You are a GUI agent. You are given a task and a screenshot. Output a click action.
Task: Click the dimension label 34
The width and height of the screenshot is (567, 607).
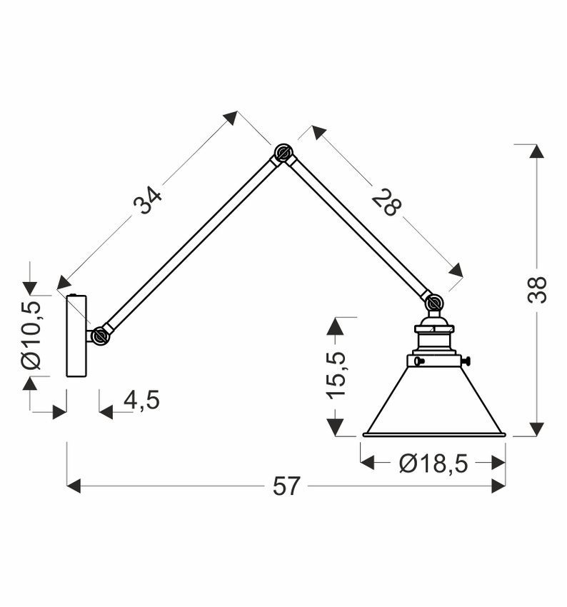point(148,200)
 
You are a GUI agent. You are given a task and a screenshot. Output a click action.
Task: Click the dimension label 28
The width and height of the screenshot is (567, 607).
point(386,201)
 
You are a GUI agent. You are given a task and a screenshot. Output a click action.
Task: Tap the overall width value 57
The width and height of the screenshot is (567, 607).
point(286,486)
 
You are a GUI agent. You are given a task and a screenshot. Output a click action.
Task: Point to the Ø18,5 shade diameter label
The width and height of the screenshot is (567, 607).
point(433,463)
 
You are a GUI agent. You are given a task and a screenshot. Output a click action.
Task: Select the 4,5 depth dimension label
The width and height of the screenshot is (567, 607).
point(141,401)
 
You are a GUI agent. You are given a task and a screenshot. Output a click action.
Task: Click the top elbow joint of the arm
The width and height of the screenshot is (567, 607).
point(283,153)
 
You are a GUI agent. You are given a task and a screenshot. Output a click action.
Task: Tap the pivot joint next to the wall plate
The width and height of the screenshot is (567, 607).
point(100,335)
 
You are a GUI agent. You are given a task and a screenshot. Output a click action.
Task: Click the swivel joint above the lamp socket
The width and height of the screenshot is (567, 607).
point(433,303)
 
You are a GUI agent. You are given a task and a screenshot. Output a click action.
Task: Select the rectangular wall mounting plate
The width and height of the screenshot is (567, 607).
point(76,336)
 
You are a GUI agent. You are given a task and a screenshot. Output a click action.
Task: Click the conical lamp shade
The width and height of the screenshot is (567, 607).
point(434,403)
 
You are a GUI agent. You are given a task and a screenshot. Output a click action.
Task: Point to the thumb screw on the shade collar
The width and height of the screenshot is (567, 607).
point(466,361)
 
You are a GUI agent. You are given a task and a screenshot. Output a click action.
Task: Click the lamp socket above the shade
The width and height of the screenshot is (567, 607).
point(433,338)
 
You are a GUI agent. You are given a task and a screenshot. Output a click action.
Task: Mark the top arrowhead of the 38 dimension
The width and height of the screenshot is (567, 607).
point(537,151)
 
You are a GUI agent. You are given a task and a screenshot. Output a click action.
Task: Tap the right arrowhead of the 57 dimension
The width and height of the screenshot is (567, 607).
point(498,486)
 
